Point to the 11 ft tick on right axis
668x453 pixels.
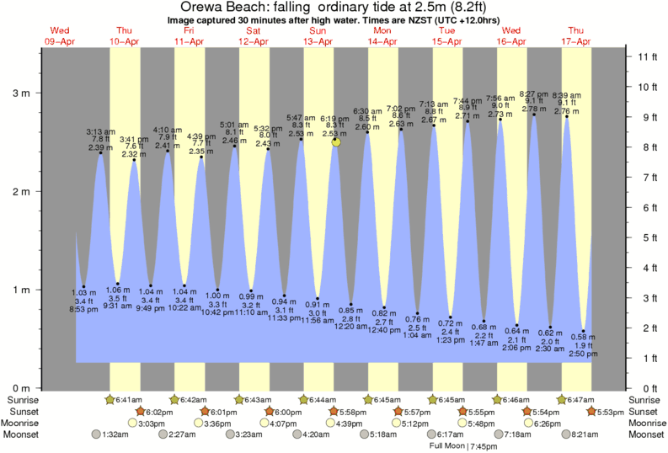pyautogui.click(x=648, y=56)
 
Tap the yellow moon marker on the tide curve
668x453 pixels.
pyautogui.click(x=336, y=142)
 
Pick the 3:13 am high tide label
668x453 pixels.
pyautogui.click(x=101, y=132)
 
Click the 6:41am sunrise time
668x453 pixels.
pyautogui.click(x=126, y=399)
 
